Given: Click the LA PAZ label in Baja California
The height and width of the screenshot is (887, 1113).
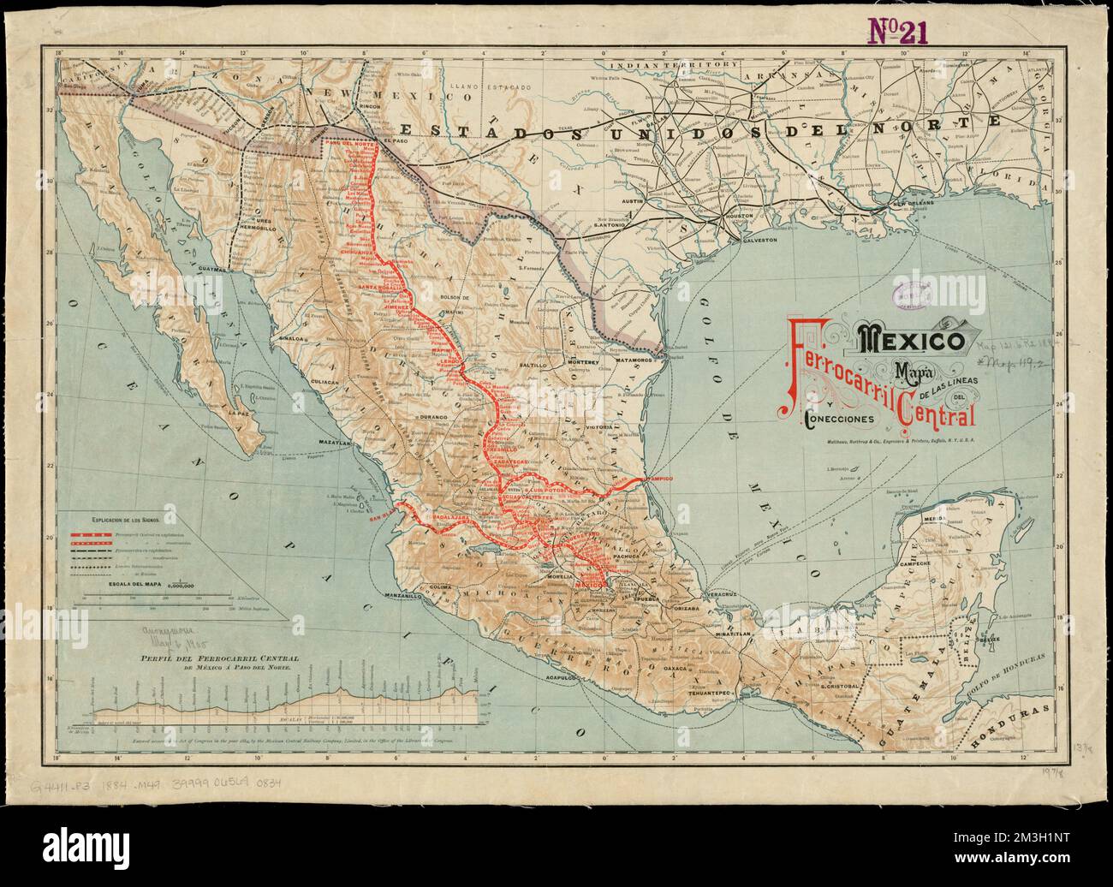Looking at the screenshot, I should tap(240, 414).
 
